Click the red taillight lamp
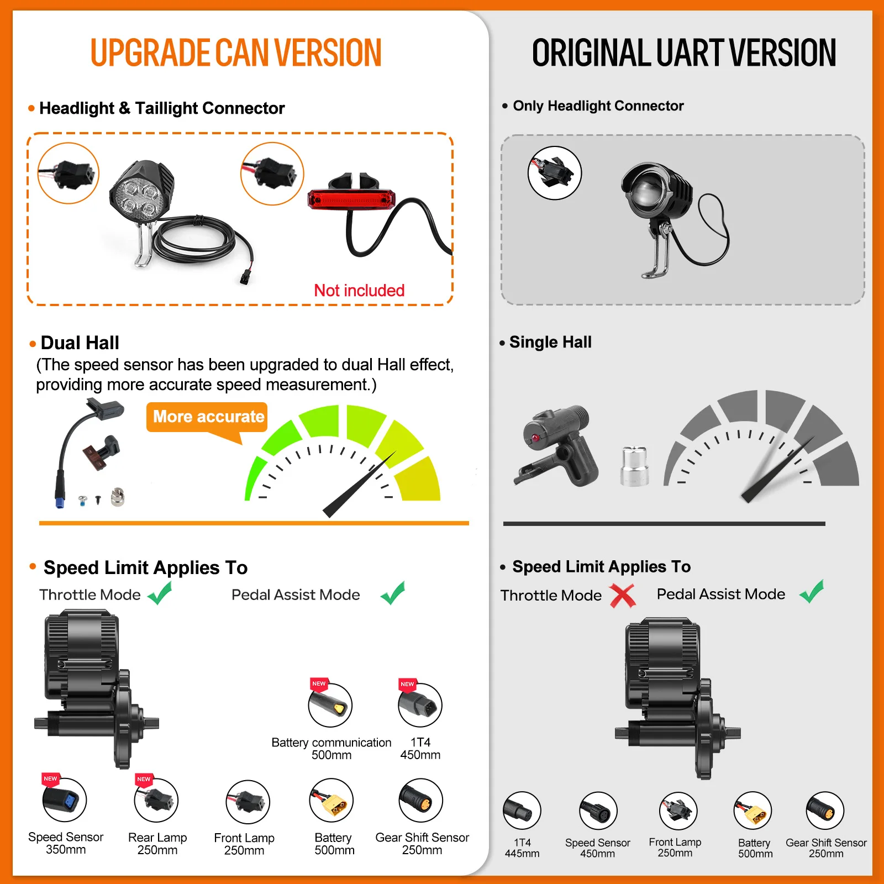coord(351,199)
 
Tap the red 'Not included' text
coord(359,290)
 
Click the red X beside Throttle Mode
coord(623,595)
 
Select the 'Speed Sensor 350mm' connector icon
coord(65,799)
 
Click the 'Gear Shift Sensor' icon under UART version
coord(825,811)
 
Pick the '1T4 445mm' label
coord(522,848)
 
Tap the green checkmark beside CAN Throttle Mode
coord(160,594)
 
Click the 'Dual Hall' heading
coord(80,343)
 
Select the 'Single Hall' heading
coord(550,342)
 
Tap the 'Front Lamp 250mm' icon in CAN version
coord(248,802)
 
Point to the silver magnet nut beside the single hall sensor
coord(634,466)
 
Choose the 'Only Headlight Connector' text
coord(598,106)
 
